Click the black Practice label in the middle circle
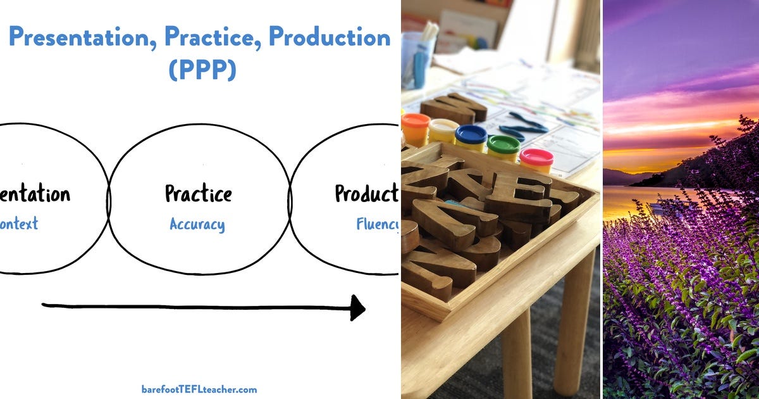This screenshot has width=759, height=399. [198, 193]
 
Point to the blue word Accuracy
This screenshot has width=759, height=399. [197, 224]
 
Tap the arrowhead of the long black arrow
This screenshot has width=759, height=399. [357, 308]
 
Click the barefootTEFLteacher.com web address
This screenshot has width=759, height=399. [199, 389]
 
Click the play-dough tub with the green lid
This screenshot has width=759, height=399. [503, 146]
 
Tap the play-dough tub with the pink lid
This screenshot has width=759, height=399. [536, 160]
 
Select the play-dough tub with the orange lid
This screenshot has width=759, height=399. [416, 129]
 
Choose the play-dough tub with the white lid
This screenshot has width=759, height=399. [443, 130]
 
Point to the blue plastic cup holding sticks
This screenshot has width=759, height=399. [417, 60]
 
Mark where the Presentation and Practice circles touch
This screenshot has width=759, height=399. [109, 198]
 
